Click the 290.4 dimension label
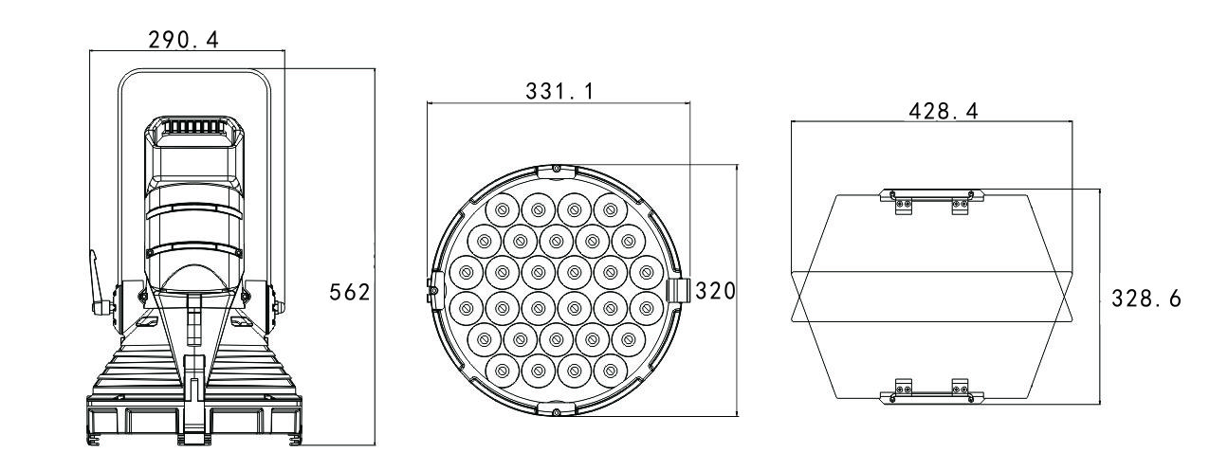pyautogui.click(x=184, y=40)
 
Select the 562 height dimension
pyautogui.click(x=349, y=292)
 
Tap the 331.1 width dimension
pyautogui.click(x=559, y=91)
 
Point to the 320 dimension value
pyautogui.click(x=715, y=291)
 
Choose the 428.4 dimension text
pyautogui.click(x=944, y=111)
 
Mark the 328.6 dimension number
pyautogui.click(x=1146, y=299)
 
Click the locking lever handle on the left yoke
pyautogui.click(x=98, y=282)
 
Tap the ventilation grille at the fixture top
pyautogui.click(x=194, y=126)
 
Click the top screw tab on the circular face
pyautogui.click(x=556, y=171)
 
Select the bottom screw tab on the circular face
pyautogui.click(x=556, y=409)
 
